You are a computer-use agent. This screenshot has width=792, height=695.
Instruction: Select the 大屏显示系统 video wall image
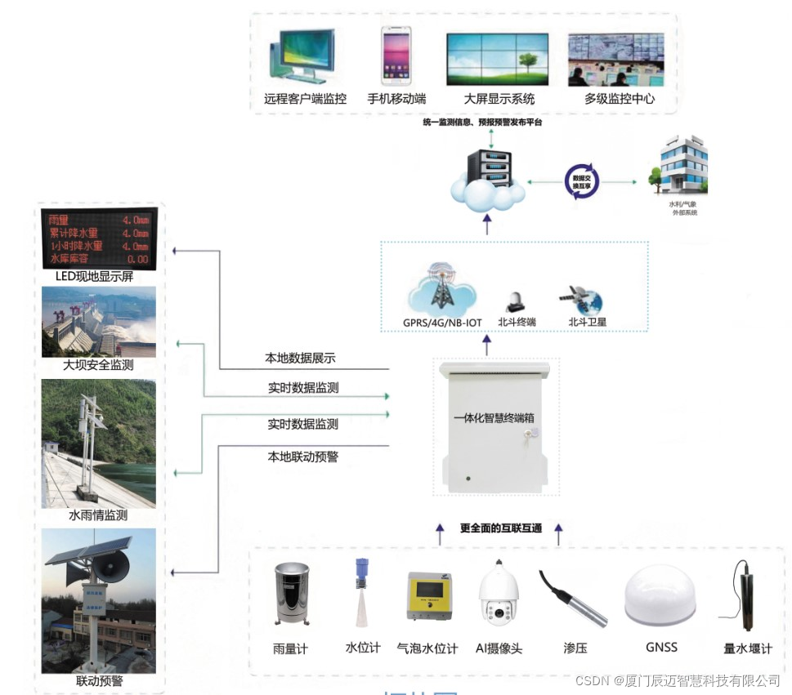497,59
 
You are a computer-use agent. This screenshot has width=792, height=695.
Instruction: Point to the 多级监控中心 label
619,99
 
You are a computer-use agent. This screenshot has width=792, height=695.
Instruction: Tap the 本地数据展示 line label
300,358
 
